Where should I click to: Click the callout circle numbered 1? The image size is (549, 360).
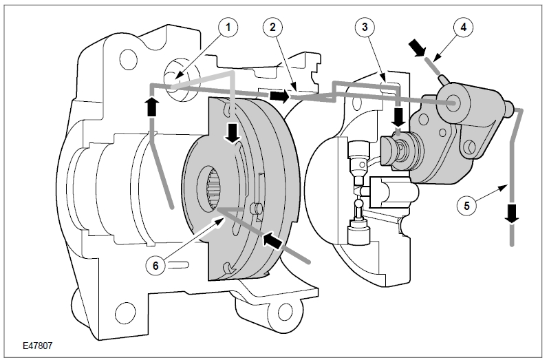228,27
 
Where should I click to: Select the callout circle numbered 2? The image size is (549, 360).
272,27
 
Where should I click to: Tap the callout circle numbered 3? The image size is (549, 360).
365,27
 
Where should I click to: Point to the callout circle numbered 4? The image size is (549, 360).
464,27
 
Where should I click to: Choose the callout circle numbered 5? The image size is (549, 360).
466,205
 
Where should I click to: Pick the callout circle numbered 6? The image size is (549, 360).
155,266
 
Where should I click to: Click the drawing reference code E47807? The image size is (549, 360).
37,346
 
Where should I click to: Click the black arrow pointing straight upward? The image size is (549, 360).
151,106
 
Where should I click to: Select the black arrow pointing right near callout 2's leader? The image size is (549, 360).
279,96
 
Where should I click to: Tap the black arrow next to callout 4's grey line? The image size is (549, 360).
417,47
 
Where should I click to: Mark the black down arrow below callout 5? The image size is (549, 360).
512,213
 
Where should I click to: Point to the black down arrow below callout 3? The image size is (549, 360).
398,118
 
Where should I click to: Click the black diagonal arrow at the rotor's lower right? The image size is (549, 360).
272,241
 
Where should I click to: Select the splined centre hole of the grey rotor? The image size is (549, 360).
211,188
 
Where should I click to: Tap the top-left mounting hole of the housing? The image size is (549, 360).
127,59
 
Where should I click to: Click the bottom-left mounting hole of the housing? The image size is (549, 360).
125,310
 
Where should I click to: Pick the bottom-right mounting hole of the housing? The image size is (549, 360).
284,310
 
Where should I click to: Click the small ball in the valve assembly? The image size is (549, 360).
358,202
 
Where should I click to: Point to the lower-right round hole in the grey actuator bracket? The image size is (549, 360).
470,146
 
